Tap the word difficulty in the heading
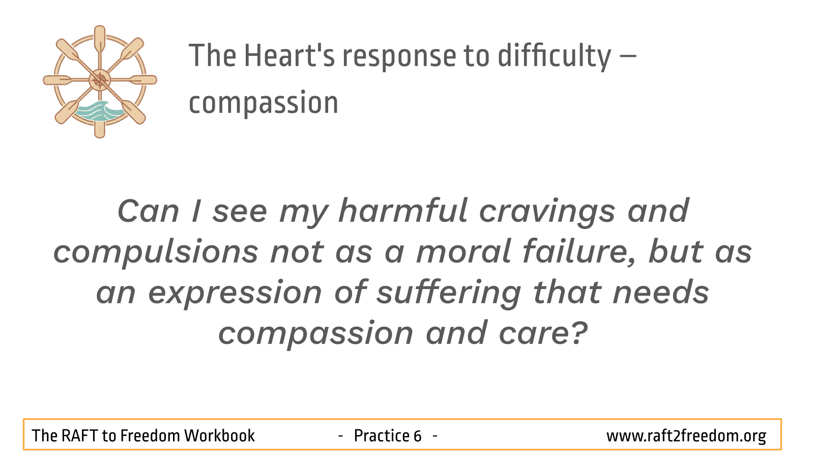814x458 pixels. click(554, 56)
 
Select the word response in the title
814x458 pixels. click(399, 58)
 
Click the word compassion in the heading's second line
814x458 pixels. click(264, 104)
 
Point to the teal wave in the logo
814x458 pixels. click(99, 111)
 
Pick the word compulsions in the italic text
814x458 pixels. click(156, 253)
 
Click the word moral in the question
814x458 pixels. click(464, 251)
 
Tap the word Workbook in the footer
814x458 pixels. click(219, 436)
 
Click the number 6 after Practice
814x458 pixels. click(417, 436)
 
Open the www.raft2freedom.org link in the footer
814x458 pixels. click(686, 436)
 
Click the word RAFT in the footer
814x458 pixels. click(79, 436)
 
